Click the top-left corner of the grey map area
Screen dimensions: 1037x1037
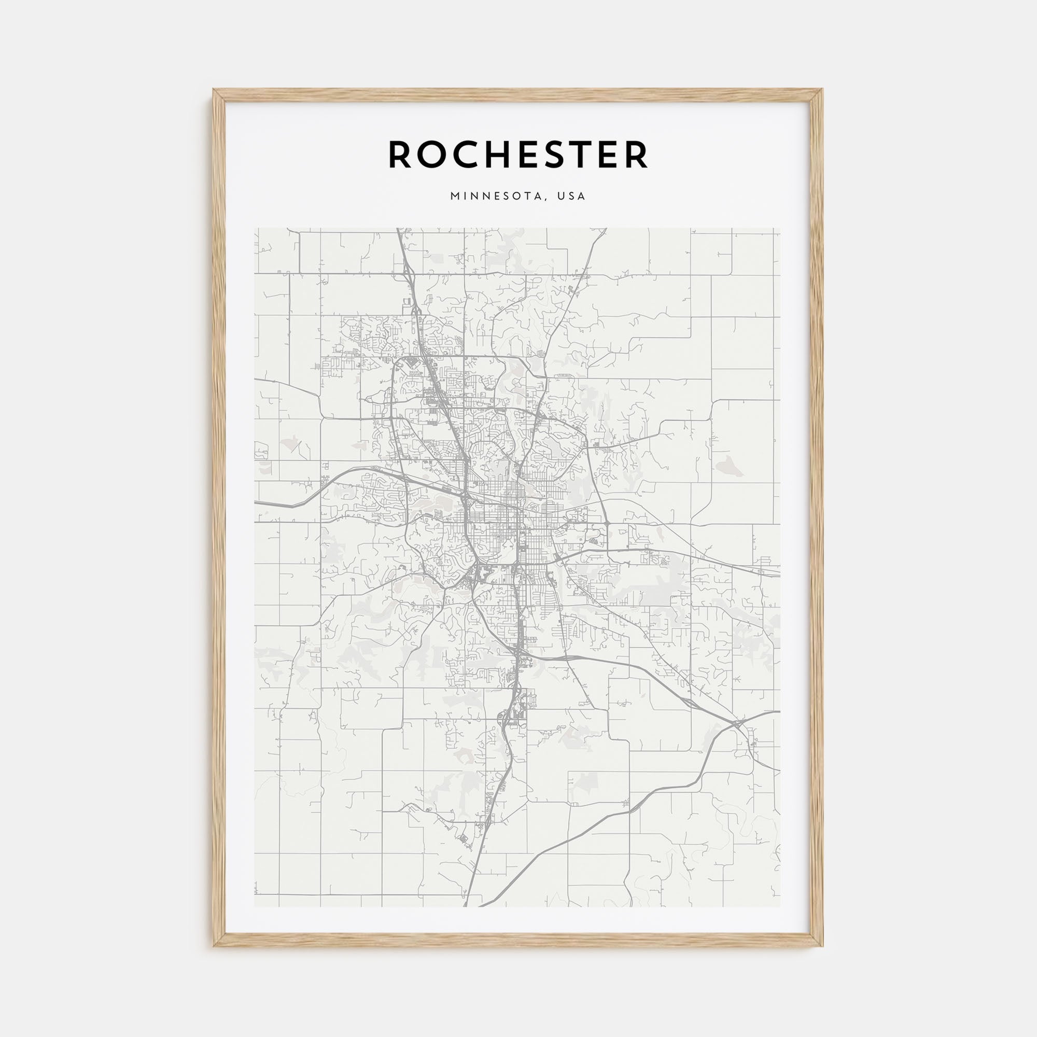pos(255,228)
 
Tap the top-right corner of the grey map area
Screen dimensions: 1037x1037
pos(780,228)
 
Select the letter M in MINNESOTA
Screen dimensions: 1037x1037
pos(455,197)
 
